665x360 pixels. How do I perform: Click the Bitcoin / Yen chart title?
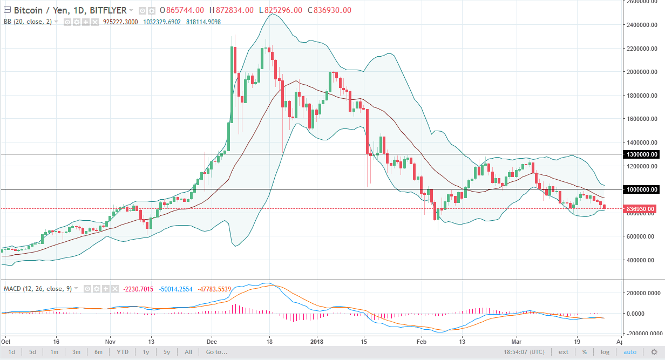(70, 10)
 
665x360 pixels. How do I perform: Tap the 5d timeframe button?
(32, 352)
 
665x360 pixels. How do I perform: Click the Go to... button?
(216, 352)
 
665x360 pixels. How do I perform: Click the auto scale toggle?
(630, 352)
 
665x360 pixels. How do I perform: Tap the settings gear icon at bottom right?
(655, 352)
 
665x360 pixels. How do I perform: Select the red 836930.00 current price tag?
(640, 209)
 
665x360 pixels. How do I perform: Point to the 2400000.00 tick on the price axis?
(642, 25)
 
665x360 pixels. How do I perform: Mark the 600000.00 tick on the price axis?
(642, 236)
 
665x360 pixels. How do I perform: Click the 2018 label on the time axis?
(317, 341)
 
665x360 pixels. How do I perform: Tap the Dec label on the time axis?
(211, 341)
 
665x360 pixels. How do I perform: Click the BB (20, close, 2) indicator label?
(28, 22)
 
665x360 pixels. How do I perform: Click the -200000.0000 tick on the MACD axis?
(643, 334)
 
